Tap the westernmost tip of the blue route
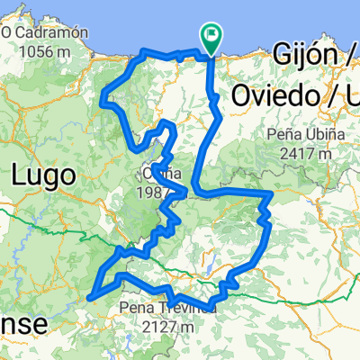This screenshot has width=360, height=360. point(92,292)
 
